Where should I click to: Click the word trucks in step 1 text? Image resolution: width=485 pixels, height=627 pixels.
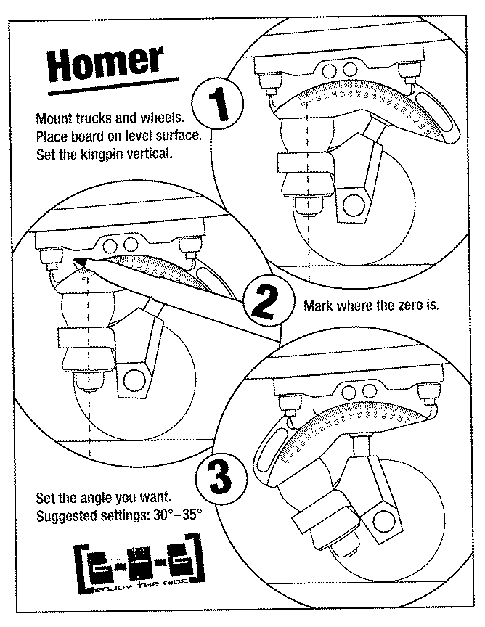(x=90, y=118)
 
